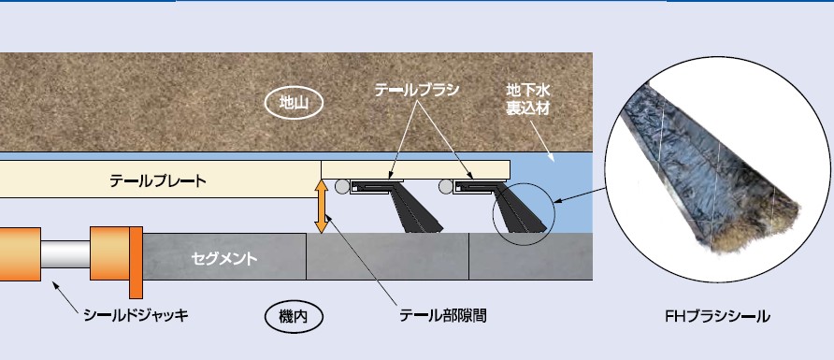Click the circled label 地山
click(292, 102)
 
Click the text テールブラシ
click(417, 90)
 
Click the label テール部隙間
click(443, 315)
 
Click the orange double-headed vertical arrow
click(321, 207)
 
